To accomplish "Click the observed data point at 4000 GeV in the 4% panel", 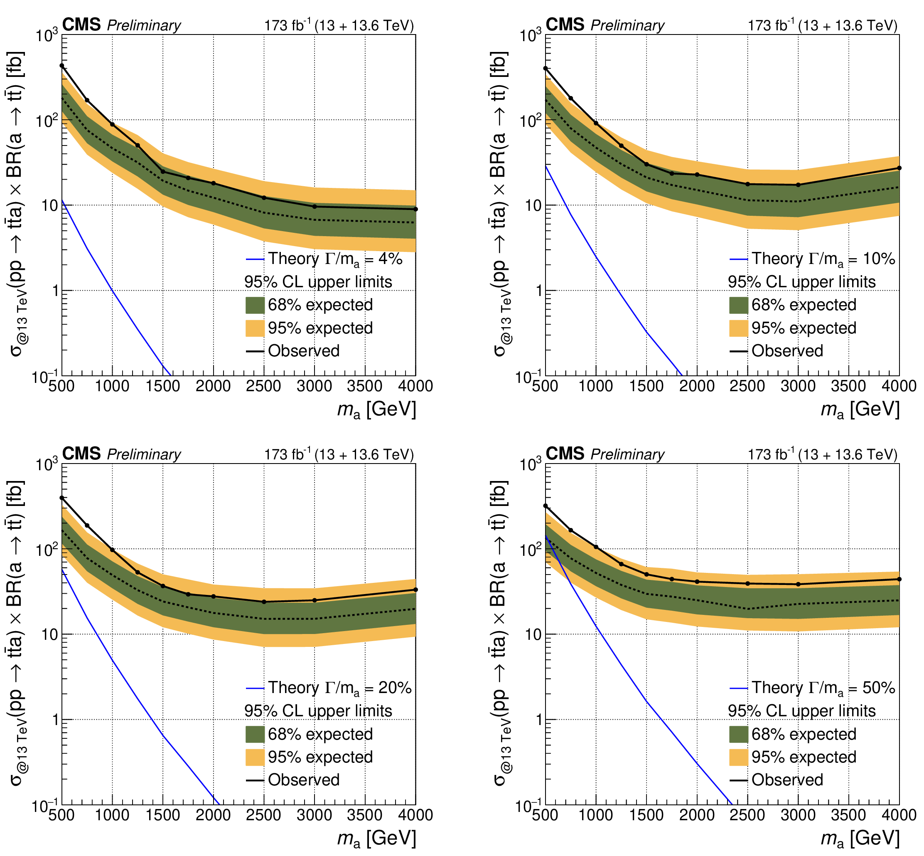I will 415,209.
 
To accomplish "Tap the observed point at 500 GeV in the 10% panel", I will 545,68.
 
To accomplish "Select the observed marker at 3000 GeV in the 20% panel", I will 315,600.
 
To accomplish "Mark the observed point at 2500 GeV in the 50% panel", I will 747,584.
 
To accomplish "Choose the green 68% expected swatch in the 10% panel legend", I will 738,305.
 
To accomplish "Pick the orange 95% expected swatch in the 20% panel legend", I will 255,757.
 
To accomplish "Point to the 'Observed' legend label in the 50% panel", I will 787,780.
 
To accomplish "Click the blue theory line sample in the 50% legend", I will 738,688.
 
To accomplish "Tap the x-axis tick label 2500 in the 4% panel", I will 263,386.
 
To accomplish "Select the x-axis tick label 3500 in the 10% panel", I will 848,386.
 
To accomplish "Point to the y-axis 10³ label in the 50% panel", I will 531,464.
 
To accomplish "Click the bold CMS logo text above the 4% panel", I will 81,25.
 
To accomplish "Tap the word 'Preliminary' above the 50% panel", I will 627,454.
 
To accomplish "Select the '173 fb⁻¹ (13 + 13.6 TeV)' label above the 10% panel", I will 822,25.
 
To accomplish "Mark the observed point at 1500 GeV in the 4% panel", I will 162,171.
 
